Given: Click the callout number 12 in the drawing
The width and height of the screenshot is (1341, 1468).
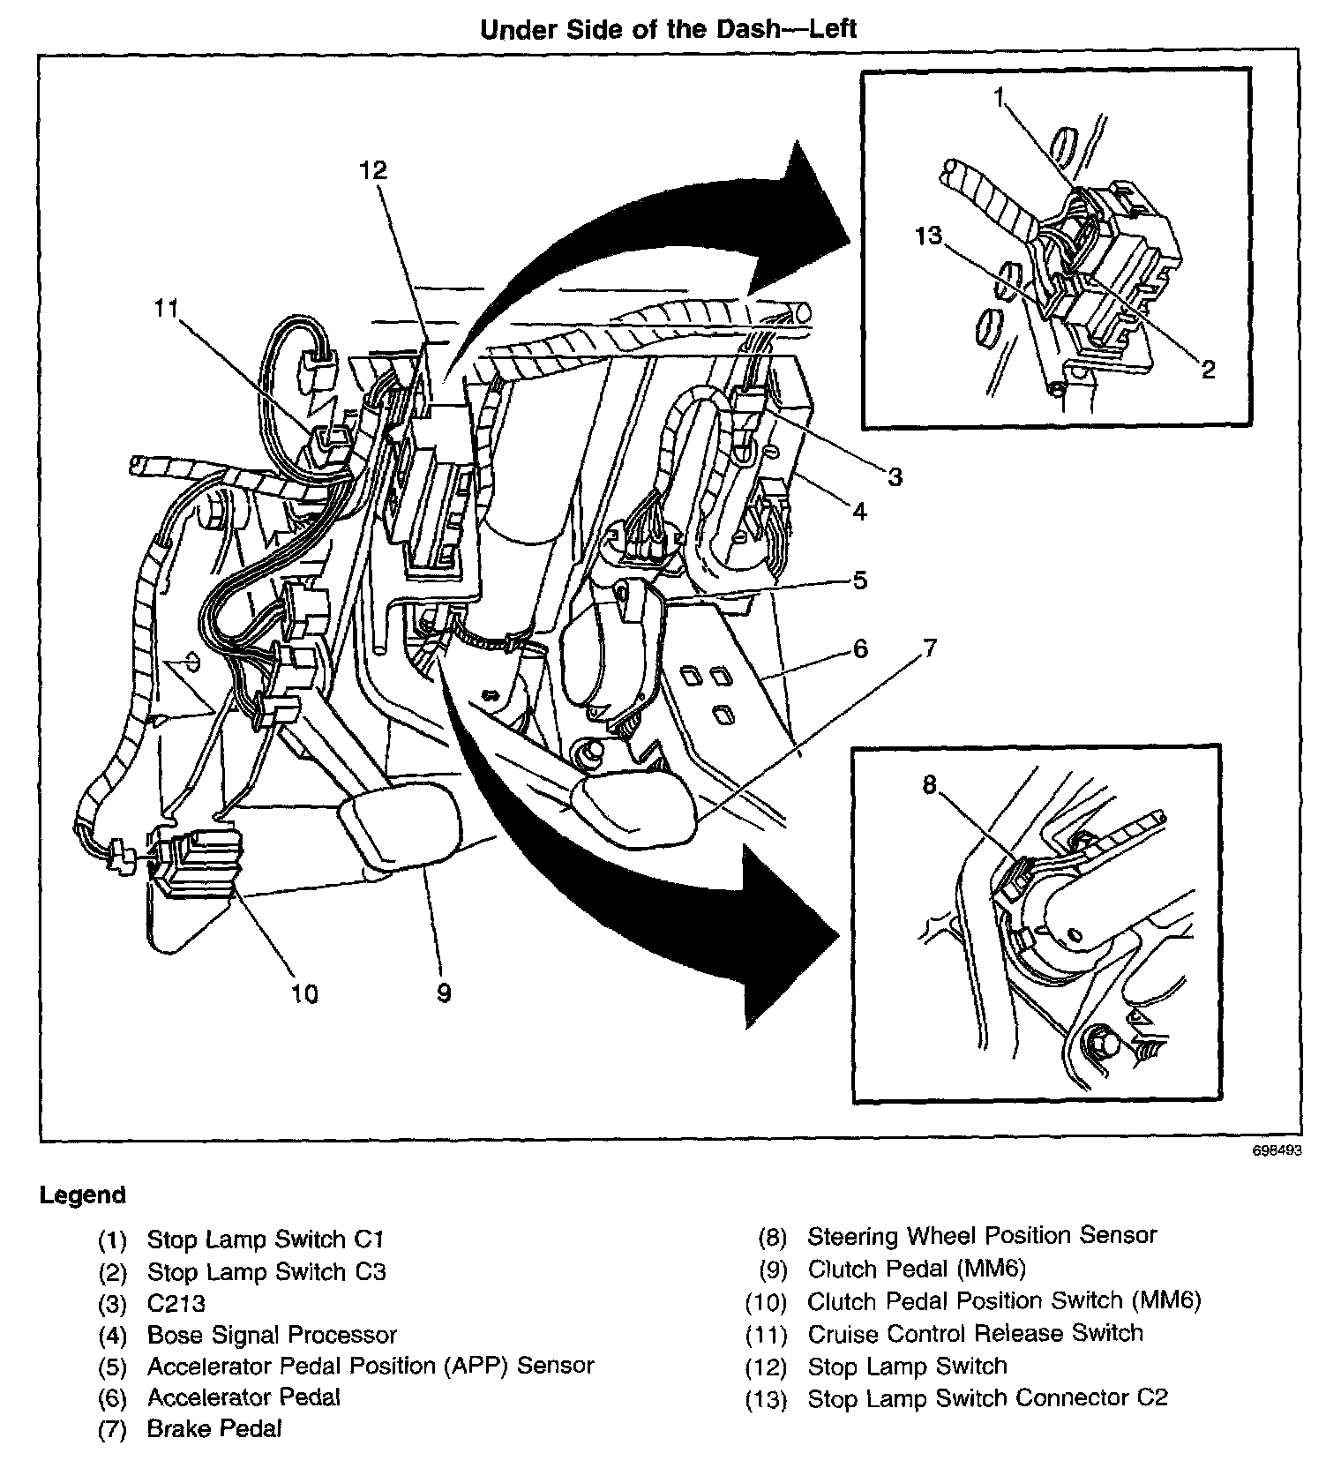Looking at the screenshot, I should [x=373, y=169].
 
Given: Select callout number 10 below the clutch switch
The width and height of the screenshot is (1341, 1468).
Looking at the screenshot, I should [x=303, y=993].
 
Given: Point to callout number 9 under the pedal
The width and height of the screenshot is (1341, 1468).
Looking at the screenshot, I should [x=444, y=993].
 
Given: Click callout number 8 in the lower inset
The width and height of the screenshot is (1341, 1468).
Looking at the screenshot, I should [x=929, y=784].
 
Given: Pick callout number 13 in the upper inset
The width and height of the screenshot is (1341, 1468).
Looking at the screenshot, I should [x=928, y=236].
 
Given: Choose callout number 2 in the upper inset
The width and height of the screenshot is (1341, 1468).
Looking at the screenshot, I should [x=1208, y=369].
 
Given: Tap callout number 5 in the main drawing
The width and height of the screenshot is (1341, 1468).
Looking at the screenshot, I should [x=859, y=580].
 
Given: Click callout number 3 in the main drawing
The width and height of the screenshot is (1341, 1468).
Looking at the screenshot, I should [x=895, y=477].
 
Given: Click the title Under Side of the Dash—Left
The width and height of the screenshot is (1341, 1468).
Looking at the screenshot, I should [x=668, y=29].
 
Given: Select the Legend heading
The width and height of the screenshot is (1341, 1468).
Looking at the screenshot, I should [x=83, y=1195].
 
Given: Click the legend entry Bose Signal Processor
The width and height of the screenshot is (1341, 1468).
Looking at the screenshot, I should [x=272, y=1335].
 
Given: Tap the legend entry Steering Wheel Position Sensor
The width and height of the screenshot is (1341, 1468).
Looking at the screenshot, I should [x=981, y=1235].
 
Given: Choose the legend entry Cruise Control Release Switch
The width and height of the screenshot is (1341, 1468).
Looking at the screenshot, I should [x=975, y=1333].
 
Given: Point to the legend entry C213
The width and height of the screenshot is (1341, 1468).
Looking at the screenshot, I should [x=176, y=1303].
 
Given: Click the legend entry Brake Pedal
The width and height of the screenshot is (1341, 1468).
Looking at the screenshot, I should [x=214, y=1428].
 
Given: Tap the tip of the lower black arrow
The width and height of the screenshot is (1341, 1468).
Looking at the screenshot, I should [x=835, y=934].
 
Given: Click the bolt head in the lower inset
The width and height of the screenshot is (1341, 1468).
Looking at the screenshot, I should [x=1102, y=1043].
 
